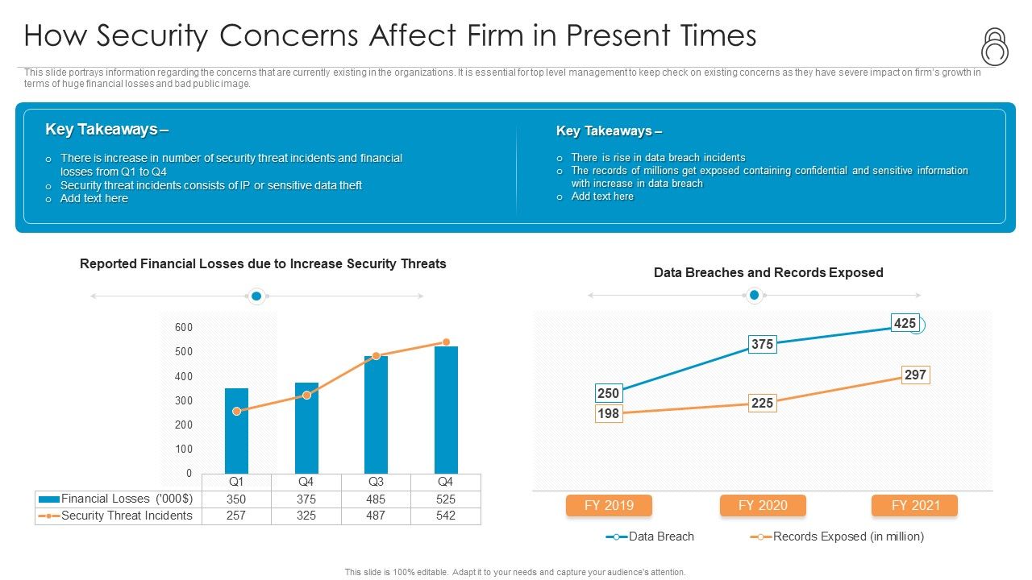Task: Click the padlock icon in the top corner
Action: pyautogui.click(x=995, y=47)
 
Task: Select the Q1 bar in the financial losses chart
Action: pyautogui.click(x=236, y=431)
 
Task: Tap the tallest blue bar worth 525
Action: pyautogui.click(x=446, y=410)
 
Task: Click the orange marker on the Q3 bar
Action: pyautogui.click(x=376, y=356)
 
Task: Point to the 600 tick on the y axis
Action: pyautogui.click(x=183, y=327)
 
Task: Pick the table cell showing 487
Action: pyautogui.click(x=376, y=516)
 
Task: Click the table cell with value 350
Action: pyautogui.click(x=236, y=499)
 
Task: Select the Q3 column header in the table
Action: pyautogui.click(x=376, y=482)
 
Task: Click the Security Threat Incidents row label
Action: pyautogui.click(x=127, y=516)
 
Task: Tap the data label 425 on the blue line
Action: pyautogui.click(x=905, y=323)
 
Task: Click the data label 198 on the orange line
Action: pyautogui.click(x=608, y=413)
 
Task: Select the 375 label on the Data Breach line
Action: pyautogui.click(x=762, y=344)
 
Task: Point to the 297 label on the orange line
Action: pyautogui.click(x=915, y=375)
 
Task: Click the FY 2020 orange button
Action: pyautogui.click(x=762, y=505)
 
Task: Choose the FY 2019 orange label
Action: pyautogui.click(x=609, y=505)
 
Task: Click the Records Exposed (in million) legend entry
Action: pyautogui.click(x=847, y=536)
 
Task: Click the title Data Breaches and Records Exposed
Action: pyautogui.click(x=768, y=272)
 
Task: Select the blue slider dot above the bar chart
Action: pyautogui.click(x=256, y=296)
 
